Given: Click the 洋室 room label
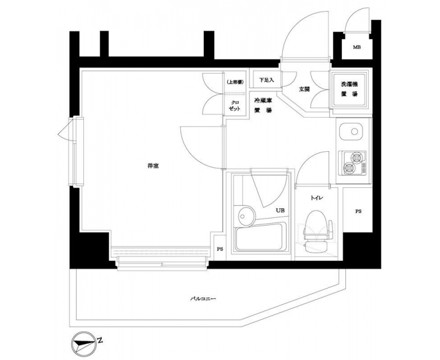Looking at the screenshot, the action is [x=153, y=166].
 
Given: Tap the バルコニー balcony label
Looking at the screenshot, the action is [x=203, y=299].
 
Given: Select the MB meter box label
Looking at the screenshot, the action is [x=357, y=47].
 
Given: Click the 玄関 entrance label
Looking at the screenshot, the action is [x=304, y=89].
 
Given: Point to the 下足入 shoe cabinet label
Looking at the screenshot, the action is [x=266, y=80].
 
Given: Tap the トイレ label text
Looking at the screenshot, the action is [x=317, y=198].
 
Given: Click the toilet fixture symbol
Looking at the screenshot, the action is [x=317, y=232].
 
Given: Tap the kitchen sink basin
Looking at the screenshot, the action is [x=351, y=131].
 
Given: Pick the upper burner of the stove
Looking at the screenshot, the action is [x=357, y=158].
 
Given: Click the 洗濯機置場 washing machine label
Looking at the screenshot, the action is [x=349, y=89].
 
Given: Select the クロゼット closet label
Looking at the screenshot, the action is [x=234, y=106].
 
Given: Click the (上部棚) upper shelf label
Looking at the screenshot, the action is [x=235, y=82].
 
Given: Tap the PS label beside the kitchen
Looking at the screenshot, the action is [x=358, y=211].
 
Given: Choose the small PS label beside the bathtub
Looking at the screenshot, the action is [x=220, y=249].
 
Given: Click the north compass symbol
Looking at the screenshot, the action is [x=83, y=343].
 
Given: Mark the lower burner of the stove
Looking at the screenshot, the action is [x=349, y=168].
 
